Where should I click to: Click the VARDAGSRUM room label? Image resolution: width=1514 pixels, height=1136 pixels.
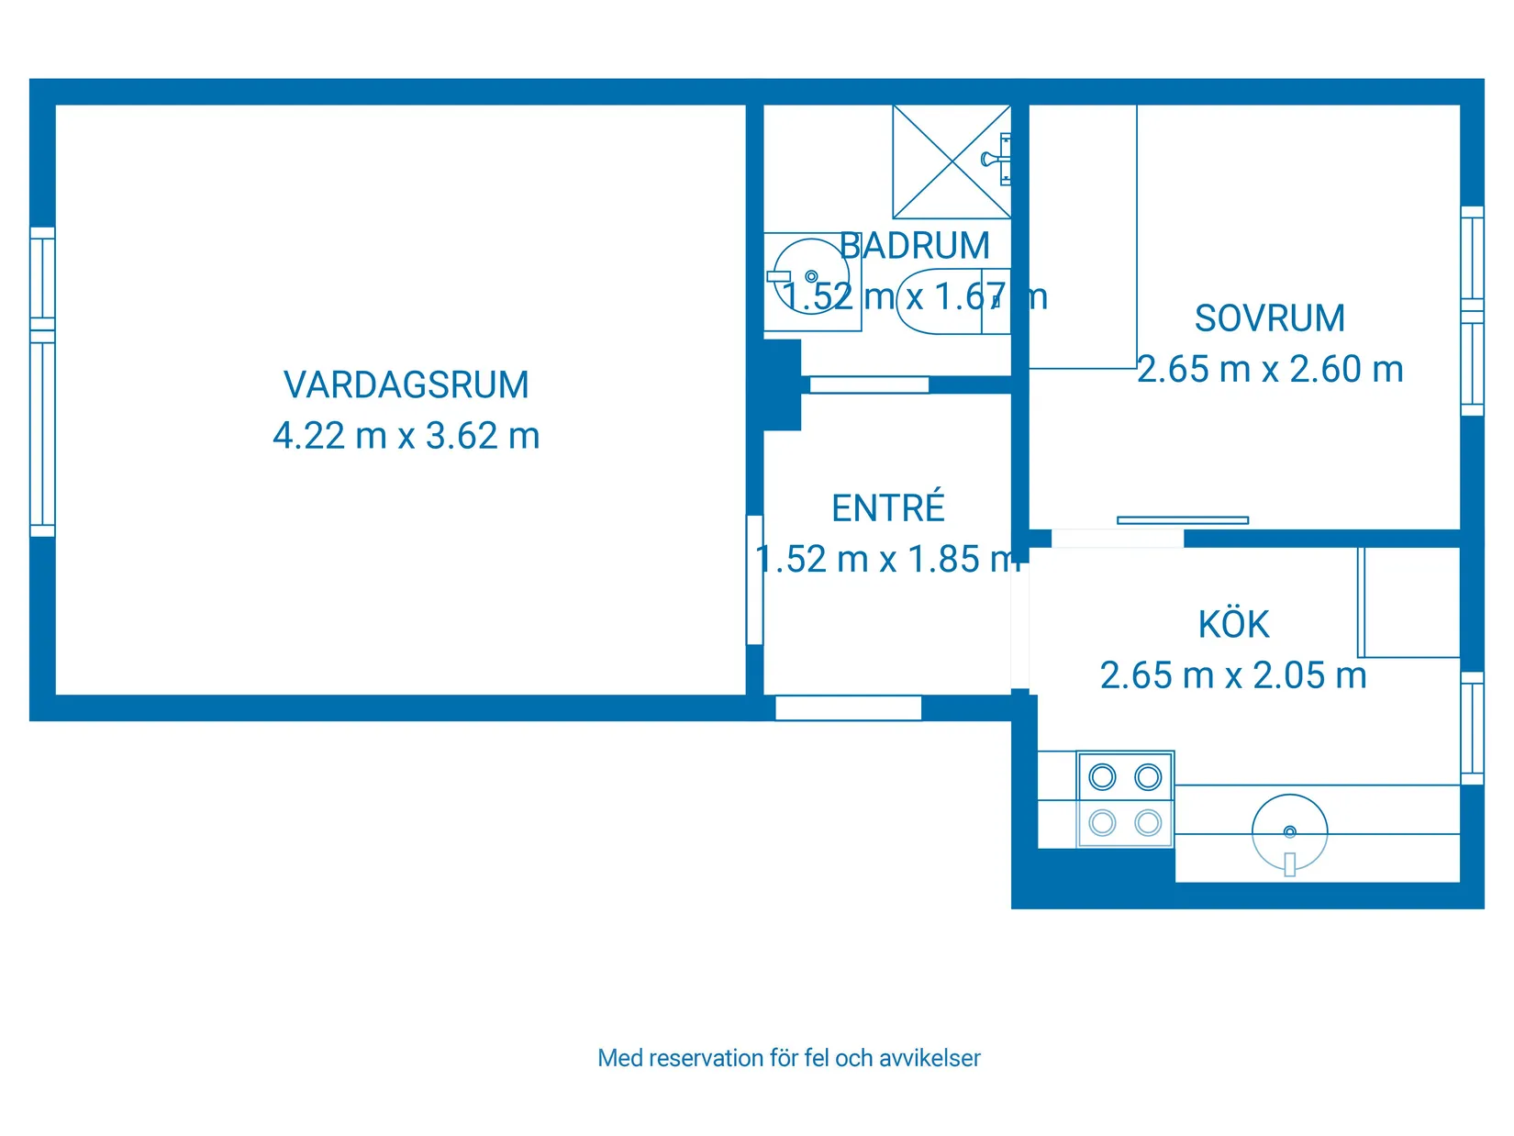[x=406, y=385]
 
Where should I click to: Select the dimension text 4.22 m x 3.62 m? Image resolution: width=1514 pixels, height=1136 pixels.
[x=406, y=436]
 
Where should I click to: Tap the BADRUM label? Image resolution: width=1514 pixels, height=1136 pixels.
[x=915, y=246]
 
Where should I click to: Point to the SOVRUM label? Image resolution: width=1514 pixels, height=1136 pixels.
[x=1269, y=318]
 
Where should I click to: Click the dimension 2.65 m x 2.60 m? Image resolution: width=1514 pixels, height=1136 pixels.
[x=1270, y=370]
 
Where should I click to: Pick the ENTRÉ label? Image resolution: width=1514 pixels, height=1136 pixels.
[x=887, y=508]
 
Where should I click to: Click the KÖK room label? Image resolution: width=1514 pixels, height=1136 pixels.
[x=1233, y=625]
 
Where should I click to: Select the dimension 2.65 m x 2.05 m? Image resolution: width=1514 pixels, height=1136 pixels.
[x=1233, y=676]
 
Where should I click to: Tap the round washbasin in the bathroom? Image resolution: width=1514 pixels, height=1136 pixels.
[x=809, y=276]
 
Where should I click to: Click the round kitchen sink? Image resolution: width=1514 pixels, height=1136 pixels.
[x=1289, y=832]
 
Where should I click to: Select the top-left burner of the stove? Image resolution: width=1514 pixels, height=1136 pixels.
[x=1102, y=777]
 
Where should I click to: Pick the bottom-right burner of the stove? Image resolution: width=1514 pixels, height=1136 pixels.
[x=1148, y=823]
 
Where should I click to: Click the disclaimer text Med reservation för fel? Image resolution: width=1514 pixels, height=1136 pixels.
[x=788, y=1058]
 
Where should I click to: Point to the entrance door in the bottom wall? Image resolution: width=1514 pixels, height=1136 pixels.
[x=848, y=707]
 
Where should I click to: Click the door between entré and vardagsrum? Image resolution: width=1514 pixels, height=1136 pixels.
[x=754, y=580]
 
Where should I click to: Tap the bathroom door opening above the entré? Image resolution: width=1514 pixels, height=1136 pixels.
[x=868, y=384]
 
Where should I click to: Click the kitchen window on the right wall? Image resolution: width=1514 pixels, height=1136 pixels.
[x=1471, y=728]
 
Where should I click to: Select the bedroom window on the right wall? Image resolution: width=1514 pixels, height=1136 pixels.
[x=1471, y=311]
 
